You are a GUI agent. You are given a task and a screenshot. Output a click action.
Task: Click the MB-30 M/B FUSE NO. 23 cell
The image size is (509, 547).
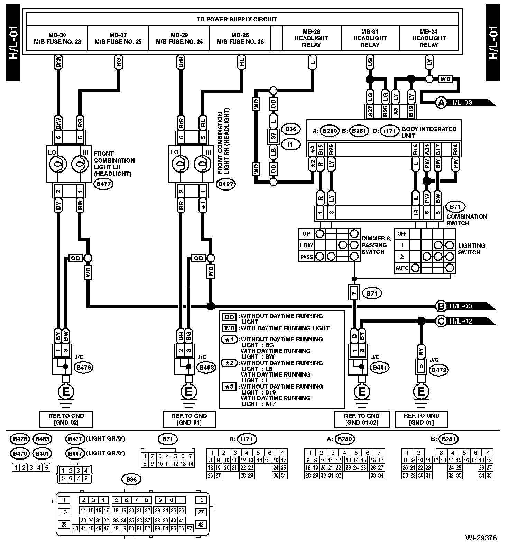point(57,38)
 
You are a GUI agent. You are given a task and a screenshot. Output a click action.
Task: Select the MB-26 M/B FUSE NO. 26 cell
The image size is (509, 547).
point(240,38)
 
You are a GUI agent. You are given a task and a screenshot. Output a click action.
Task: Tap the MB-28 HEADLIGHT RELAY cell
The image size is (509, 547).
point(312,38)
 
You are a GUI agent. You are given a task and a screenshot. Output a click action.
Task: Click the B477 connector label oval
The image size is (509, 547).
point(103,184)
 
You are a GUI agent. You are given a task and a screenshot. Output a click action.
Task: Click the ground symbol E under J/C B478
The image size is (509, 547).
point(66,392)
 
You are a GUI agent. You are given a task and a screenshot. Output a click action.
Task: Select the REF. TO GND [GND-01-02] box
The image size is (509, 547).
point(361,419)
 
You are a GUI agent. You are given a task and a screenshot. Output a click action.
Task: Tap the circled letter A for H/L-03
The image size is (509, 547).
point(441,102)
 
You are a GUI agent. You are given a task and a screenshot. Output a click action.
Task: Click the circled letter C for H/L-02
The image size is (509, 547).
point(441,321)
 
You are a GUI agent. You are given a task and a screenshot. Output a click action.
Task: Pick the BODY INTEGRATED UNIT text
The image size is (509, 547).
point(429,132)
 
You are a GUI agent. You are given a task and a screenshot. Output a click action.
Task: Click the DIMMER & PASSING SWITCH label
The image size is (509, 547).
point(376,245)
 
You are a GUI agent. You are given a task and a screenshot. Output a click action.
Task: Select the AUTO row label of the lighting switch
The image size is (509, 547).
point(402,268)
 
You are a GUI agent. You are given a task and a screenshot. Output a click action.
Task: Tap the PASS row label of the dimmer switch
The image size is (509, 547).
point(306,257)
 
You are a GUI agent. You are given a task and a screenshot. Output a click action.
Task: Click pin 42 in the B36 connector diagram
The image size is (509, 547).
point(201,524)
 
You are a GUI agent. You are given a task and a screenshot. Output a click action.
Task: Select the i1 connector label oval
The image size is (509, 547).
point(290,144)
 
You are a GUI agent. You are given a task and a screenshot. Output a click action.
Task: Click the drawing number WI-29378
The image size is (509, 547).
point(481,538)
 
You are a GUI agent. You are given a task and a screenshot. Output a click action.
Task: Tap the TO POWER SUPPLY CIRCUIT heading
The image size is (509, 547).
point(237,19)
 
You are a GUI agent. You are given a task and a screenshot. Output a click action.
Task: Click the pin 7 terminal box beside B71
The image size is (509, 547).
point(353,293)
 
